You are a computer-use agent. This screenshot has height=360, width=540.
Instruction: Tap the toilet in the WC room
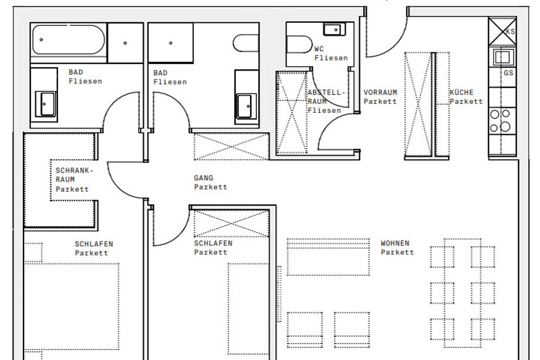pos(299,45)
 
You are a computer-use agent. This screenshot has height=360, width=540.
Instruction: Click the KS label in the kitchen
pos(511,31)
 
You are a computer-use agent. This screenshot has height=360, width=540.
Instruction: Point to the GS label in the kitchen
pos(508,73)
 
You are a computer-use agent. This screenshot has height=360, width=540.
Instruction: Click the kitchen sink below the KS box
pos(502,57)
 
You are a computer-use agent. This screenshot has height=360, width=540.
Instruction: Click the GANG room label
pos(204,178)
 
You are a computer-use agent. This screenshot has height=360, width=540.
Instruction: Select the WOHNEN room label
pos(395,243)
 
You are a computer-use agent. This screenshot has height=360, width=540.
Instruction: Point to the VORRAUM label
pos(380,92)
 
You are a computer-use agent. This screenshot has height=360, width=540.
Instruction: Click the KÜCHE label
pos(461,92)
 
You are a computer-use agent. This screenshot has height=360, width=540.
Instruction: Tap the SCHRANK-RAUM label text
pos(75,174)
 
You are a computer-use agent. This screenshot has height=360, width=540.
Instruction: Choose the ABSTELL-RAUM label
pos(326,97)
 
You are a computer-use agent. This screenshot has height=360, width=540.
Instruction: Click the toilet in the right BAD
pos(246,43)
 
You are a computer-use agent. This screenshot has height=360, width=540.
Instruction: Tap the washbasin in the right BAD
pos(247,106)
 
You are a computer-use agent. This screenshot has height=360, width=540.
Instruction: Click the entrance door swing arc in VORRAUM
pos(396,45)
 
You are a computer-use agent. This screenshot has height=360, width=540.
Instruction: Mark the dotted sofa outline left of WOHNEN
pos(328,257)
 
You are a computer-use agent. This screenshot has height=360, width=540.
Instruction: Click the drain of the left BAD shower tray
pos(125,43)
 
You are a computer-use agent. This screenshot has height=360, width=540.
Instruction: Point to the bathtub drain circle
pos(41,39)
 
